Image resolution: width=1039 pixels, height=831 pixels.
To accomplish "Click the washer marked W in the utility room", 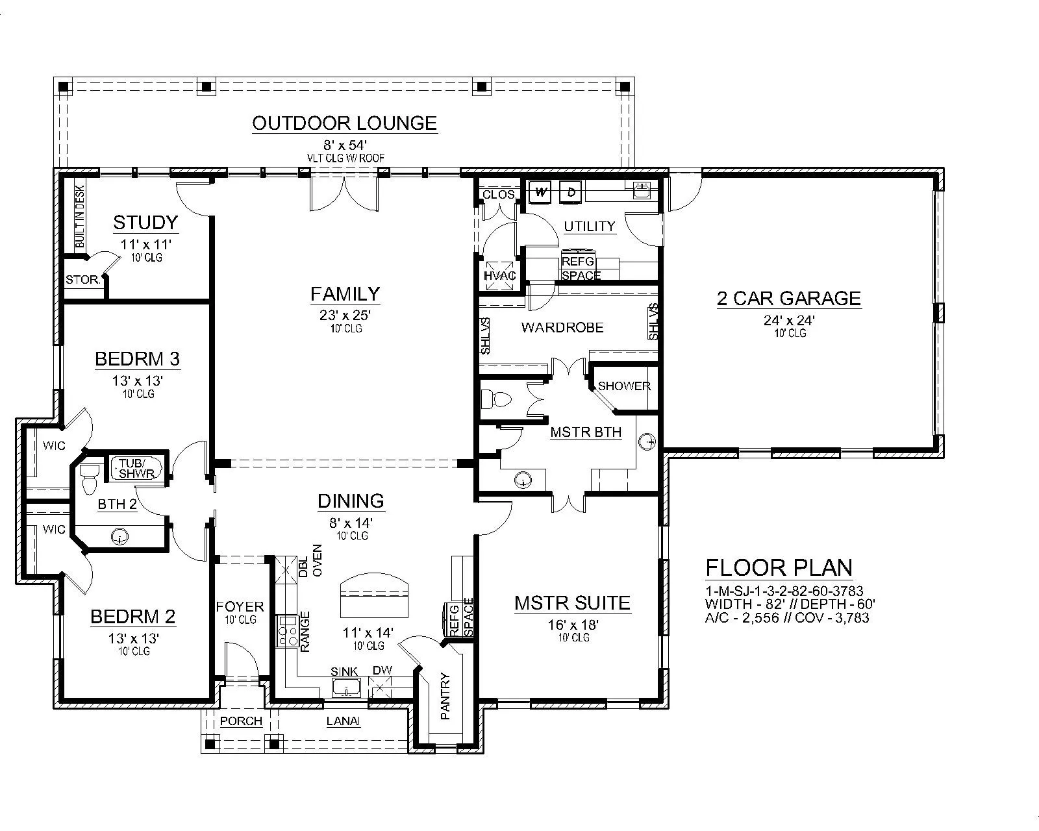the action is pos(541,192).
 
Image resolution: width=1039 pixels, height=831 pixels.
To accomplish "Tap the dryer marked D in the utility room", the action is pos(571,192).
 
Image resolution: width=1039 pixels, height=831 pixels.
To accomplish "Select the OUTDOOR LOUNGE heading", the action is pos(344,123).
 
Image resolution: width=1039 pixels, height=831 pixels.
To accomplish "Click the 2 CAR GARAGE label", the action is pos(789,299).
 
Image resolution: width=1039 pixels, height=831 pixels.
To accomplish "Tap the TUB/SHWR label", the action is pos(136,468).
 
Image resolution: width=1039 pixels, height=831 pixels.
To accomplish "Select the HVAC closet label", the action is pos(500,276).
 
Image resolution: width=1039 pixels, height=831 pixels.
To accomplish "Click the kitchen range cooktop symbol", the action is pos(287,630).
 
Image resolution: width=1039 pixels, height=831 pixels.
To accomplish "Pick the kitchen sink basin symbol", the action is pos(346,688).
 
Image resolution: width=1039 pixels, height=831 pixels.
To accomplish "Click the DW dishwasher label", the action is pos(382,670).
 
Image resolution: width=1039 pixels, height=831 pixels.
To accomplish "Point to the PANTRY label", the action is pos(445,696).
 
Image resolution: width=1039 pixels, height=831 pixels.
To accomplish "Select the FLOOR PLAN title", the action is pos(779,567).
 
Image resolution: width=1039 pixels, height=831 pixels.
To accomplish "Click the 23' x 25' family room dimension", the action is pos(345,316).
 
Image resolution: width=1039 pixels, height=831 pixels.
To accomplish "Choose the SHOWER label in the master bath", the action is pos(624,386).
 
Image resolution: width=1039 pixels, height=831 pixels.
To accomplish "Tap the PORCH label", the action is pos(241,721).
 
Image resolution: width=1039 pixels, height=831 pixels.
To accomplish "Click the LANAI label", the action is pos(344,721).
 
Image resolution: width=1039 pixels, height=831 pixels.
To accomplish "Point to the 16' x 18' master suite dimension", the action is pos(573,625).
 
